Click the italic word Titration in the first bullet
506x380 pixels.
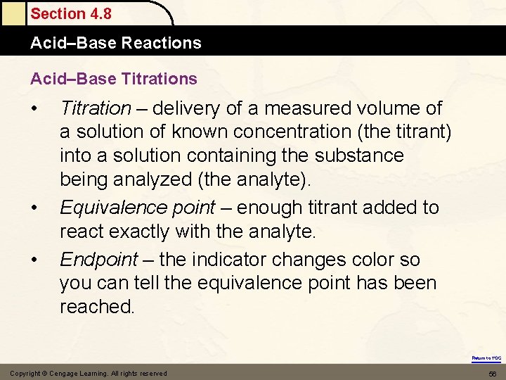point(95,108)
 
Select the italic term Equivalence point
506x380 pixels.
point(137,208)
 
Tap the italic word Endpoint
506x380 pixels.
point(98,260)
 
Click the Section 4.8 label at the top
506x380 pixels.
point(70,14)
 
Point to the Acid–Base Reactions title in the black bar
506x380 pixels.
point(115,43)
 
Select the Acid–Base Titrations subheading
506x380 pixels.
point(113,78)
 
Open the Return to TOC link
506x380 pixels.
point(486,358)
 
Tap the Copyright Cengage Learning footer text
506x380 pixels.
point(88,373)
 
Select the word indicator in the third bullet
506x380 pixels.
point(227,260)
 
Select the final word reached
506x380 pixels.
point(97,307)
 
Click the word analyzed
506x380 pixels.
point(148,179)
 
